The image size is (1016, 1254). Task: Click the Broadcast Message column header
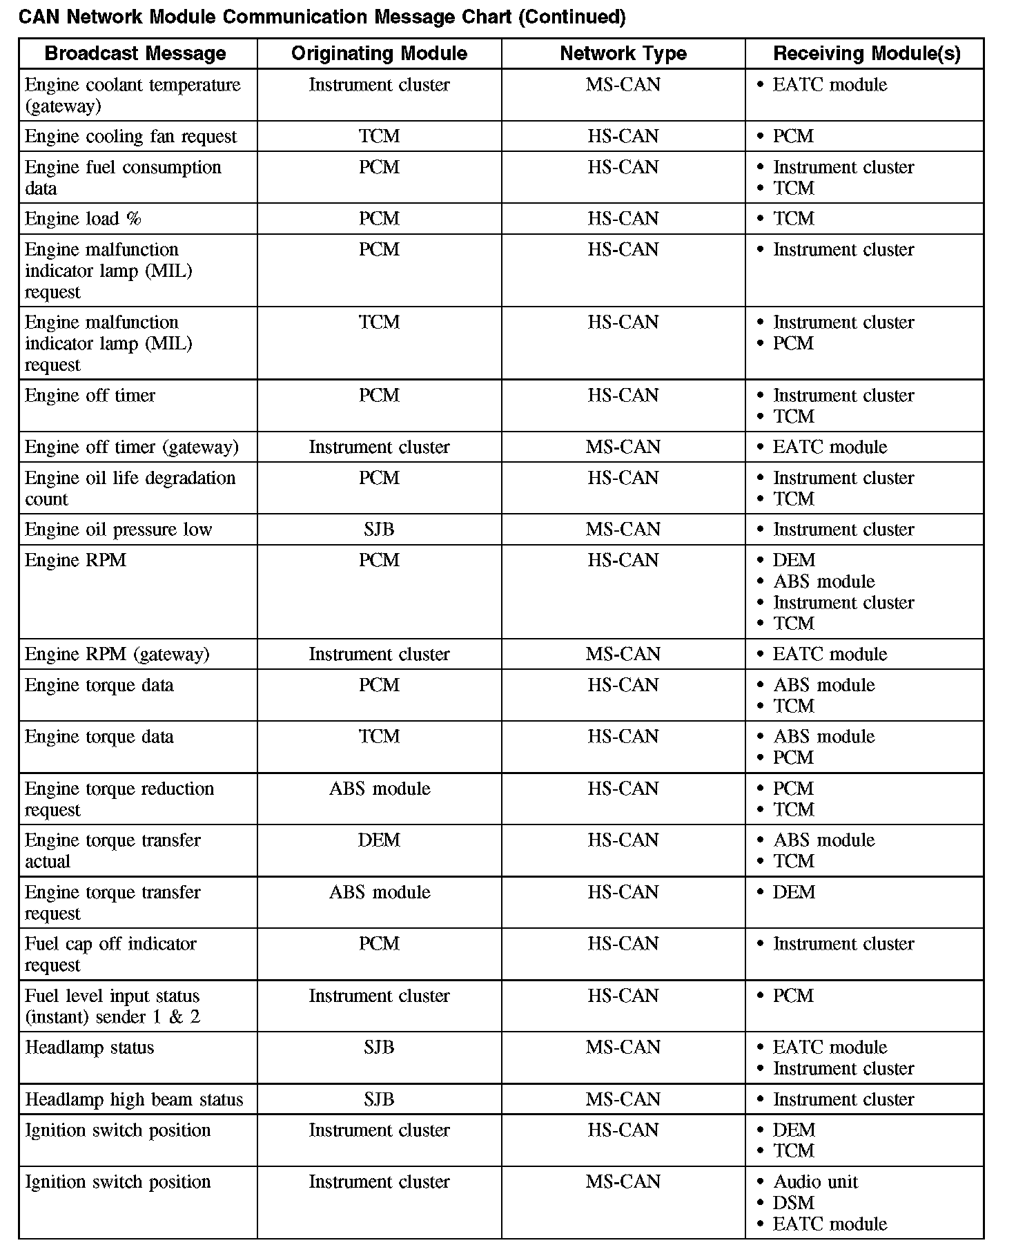coord(135,53)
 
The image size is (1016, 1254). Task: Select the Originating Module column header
coord(379,53)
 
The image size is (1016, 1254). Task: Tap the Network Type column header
coord(623,53)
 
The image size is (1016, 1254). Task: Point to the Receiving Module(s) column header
coord(866,53)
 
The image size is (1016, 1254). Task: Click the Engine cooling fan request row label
coord(130,137)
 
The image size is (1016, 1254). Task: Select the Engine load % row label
coord(83,219)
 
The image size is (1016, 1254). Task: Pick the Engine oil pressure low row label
coord(118,530)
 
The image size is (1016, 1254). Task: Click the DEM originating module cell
coord(379,840)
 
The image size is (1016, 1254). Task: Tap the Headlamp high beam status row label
coord(134,1099)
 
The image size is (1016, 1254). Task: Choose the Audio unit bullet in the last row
coord(815,1182)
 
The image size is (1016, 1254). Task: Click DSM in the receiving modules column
coord(794,1203)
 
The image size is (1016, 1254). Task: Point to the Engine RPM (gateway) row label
coord(117,654)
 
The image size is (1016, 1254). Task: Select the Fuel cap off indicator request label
coord(110,954)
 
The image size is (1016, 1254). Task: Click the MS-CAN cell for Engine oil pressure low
coord(623,530)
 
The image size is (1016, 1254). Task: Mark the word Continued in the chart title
coord(571,17)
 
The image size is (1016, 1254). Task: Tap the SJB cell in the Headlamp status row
coord(379,1048)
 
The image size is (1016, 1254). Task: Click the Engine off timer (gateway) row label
coord(131,447)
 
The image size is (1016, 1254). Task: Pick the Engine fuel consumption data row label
coord(123,177)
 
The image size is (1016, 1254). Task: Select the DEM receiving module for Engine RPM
coord(794,560)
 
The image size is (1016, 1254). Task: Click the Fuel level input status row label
coord(112,1006)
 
